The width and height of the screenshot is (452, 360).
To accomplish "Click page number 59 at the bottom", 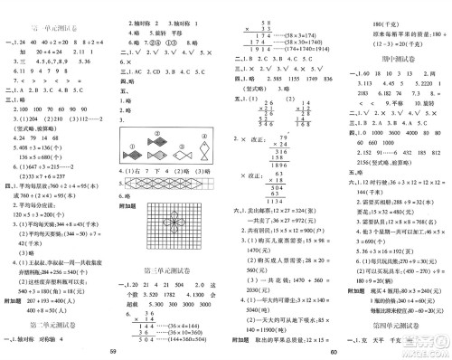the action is tap(113, 351).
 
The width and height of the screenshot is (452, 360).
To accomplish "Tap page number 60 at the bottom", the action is tap(334, 351).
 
